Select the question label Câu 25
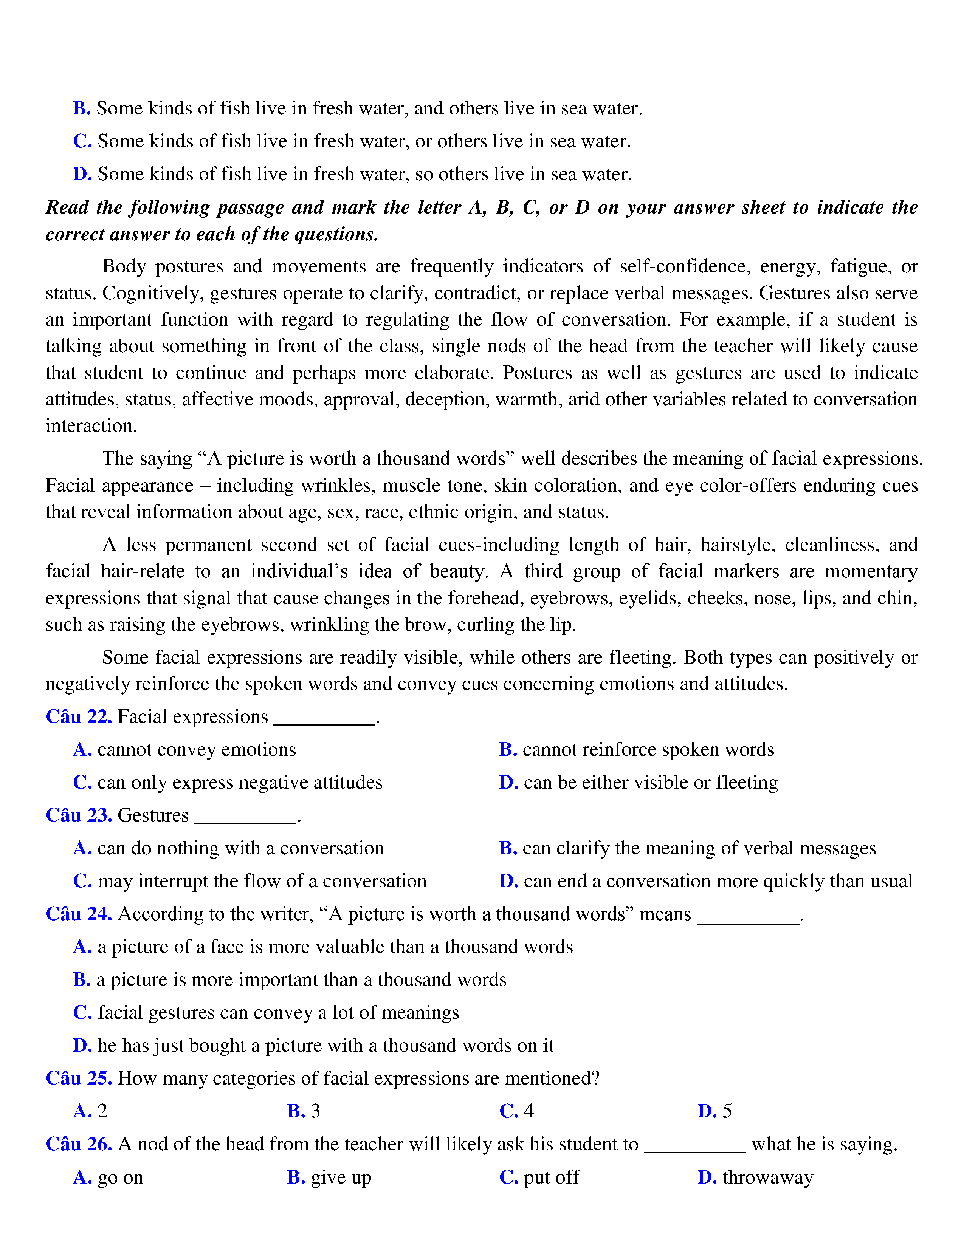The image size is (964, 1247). (79, 1078)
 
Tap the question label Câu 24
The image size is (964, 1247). (79, 914)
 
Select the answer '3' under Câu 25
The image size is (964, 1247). (304, 1111)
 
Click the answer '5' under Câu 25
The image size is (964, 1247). (715, 1111)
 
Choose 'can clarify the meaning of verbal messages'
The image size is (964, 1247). (688, 848)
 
